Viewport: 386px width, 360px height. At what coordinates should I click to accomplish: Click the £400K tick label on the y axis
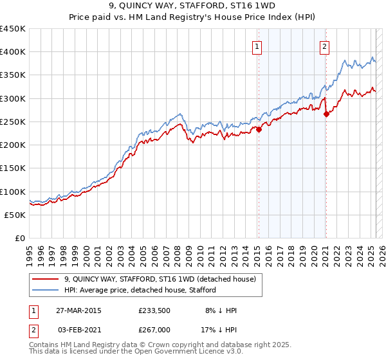coord(13,52)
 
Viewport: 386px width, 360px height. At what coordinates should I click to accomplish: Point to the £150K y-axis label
coord(13,168)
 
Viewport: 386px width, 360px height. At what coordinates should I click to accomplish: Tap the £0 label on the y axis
coord(19,239)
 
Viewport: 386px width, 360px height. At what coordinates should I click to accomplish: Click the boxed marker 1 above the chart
coord(257,46)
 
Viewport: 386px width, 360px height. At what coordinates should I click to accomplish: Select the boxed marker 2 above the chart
coord(325,46)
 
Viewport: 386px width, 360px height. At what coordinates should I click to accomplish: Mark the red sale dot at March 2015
coord(259,129)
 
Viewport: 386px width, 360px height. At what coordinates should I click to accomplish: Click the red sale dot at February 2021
coord(326,114)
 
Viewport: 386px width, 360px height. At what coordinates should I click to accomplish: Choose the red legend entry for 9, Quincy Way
coord(160,279)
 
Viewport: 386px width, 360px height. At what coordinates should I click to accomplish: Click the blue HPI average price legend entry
coord(145,290)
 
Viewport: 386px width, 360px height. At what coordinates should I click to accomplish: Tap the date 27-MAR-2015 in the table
coord(78,310)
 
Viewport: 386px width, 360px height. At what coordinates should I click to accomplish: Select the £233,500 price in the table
coord(153,310)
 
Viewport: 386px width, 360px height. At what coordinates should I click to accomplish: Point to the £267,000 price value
coord(153,330)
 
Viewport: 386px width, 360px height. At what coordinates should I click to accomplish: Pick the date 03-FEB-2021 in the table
coord(78,330)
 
